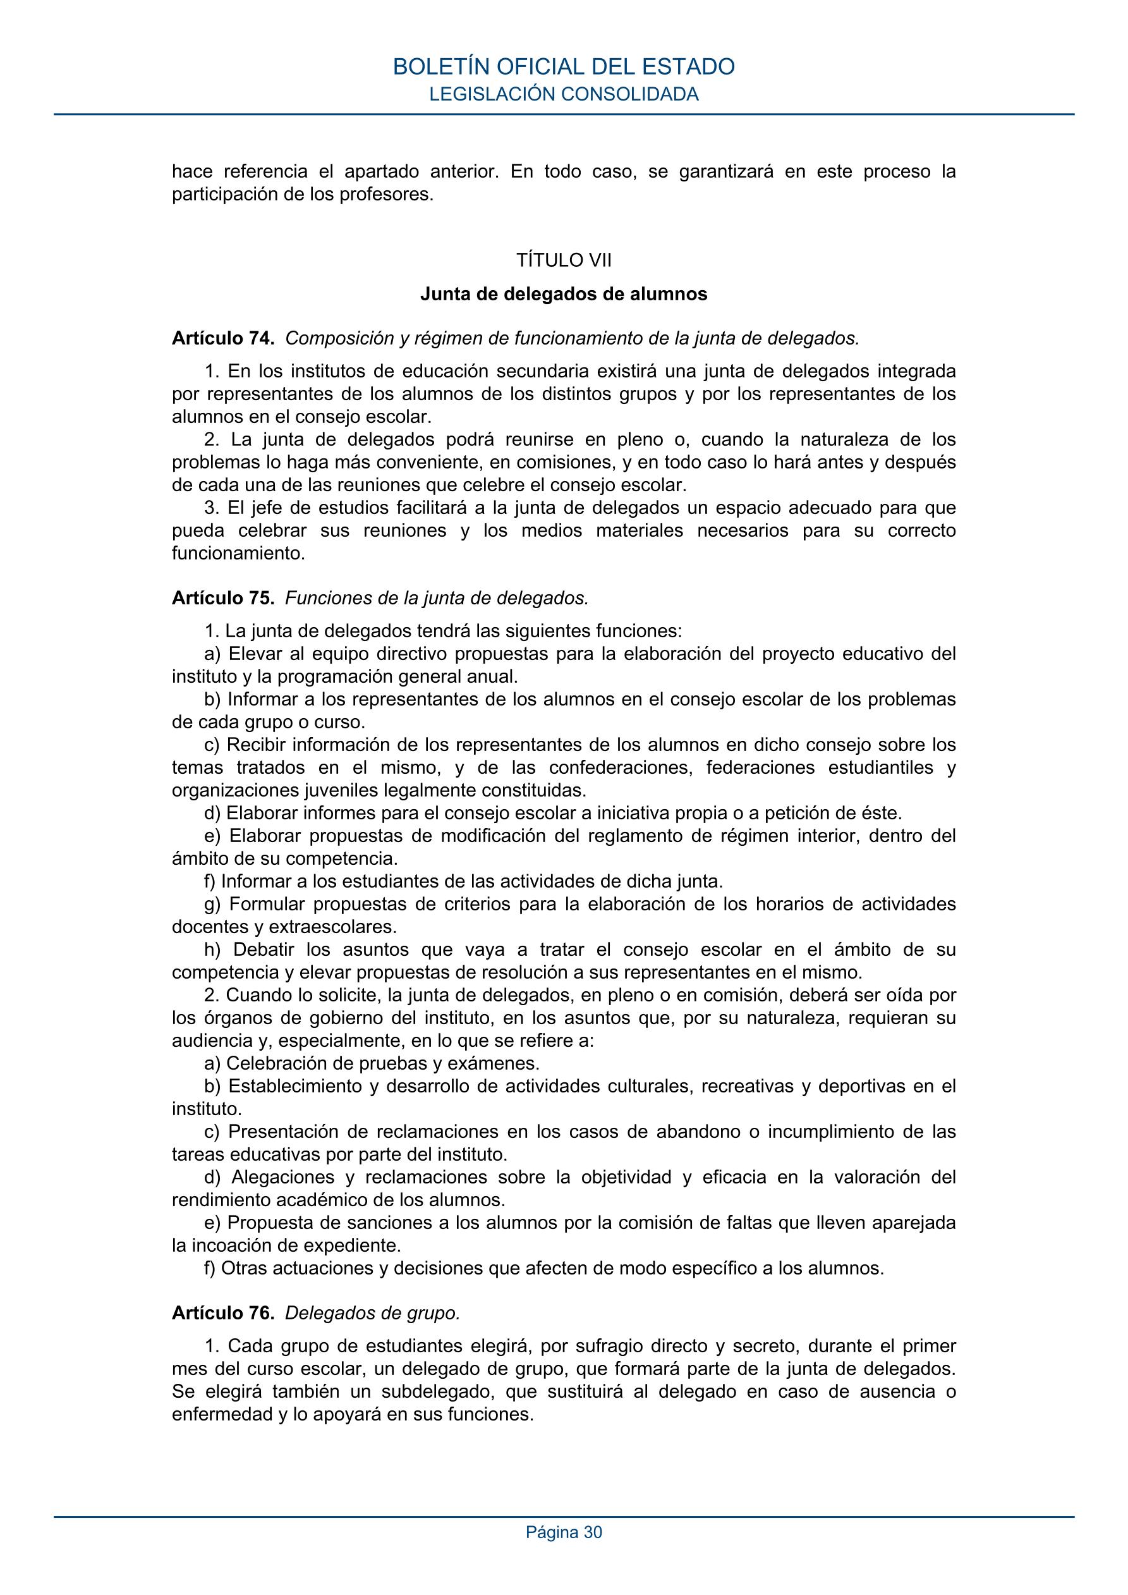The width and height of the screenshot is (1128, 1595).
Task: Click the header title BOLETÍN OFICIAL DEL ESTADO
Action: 563,66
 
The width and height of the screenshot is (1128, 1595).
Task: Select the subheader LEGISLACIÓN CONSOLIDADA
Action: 563,94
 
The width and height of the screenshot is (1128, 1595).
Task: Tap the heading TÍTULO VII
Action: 563,260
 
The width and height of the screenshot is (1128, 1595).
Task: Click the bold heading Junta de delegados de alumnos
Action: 563,294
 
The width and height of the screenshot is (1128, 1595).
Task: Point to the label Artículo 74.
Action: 223,338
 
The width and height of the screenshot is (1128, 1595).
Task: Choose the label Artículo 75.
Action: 223,597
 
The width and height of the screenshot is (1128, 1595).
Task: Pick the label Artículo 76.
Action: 223,1313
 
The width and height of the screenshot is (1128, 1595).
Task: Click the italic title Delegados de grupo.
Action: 373,1313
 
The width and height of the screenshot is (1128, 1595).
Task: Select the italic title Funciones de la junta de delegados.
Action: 437,597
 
